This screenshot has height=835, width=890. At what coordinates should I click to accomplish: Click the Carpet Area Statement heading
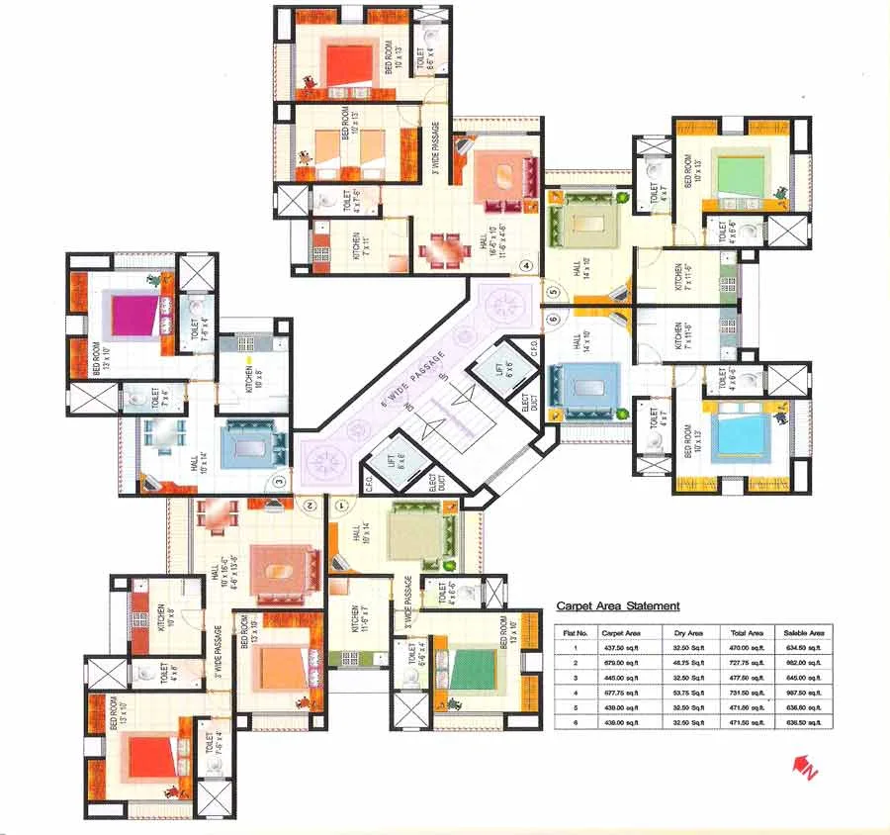point(617,605)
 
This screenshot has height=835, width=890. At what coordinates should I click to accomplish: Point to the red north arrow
point(801,765)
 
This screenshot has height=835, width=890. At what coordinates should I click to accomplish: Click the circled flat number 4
point(527,265)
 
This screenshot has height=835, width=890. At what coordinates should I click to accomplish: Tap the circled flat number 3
point(280,482)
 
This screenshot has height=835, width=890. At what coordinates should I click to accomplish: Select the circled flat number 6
point(553,319)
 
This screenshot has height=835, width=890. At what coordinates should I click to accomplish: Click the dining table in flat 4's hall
point(439,249)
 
